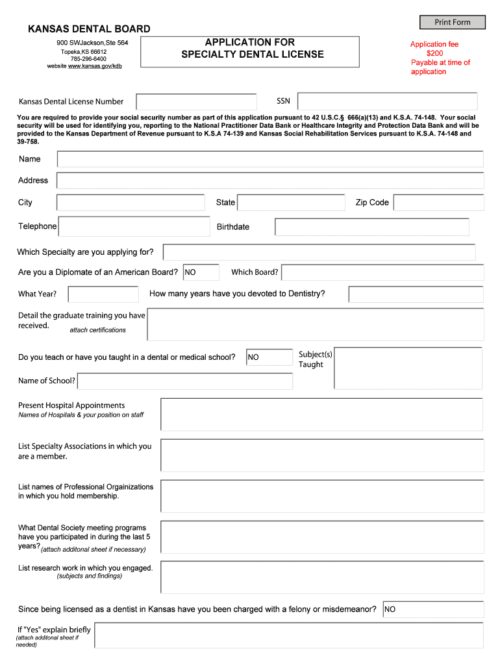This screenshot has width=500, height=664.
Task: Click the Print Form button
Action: pyautogui.click(x=453, y=22)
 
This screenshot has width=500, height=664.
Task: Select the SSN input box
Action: pyautogui.click(x=387, y=101)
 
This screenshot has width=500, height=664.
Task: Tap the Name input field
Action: pyautogui.click(x=270, y=160)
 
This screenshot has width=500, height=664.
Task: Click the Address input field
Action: pyautogui.click(x=270, y=180)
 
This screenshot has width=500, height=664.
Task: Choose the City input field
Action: pyautogui.click(x=131, y=203)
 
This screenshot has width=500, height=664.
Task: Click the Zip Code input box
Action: pyautogui.click(x=438, y=203)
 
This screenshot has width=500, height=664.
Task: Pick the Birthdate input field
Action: pyautogui.click(x=371, y=227)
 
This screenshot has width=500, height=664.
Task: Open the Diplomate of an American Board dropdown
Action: pyautogui.click(x=201, y=272)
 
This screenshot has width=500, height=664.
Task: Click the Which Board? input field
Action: pyautogui.click(x=382, y=272)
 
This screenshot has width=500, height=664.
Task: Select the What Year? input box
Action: pyautogui.click(x=103, y=294)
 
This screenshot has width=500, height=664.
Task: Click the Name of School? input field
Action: pyautogui.click(x=184, y=381)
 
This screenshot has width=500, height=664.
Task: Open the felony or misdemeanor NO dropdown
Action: pyautogui.click(x=433, y=610)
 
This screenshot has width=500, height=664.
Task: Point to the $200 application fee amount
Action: pyautogui.click(x=434, y=53)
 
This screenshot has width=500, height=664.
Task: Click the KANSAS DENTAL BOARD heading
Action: pyautogui.click(x=88, y=29)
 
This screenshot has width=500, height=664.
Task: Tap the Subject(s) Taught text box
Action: pyautogui.click(x=408, y=368)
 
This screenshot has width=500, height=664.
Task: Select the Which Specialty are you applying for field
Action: pyautogui.click(x=319, y=252)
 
